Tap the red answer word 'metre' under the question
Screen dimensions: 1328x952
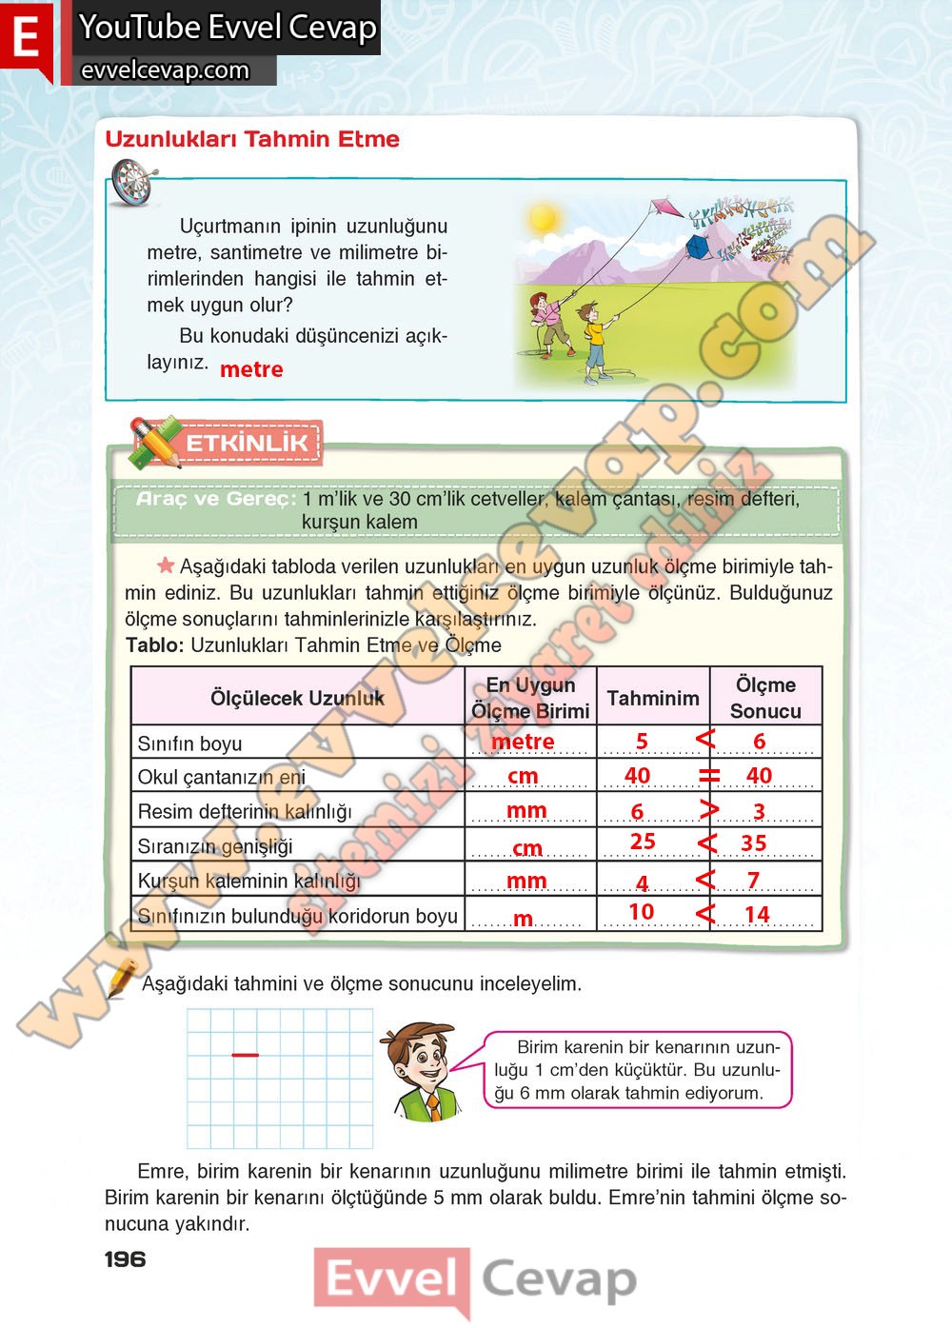(251, 369)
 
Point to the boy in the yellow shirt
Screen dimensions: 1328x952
(594, 338)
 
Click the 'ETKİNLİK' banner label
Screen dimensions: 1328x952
(246, 443)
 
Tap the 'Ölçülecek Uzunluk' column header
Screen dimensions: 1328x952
(297, 698)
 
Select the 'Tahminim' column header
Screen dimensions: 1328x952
(653, 698)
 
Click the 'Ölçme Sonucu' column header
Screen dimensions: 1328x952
(765, 698)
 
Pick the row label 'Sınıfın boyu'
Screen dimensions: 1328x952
(190, 743)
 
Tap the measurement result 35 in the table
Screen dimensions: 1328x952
(754, 843)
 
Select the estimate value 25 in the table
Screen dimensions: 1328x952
(643, 842)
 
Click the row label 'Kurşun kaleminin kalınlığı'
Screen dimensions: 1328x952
(249, 881)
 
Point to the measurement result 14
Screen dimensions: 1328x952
(757, 915)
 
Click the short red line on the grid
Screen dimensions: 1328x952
(245, 1055)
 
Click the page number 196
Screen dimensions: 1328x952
(126, 1259)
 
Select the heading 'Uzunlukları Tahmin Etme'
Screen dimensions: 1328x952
(252, 139)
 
